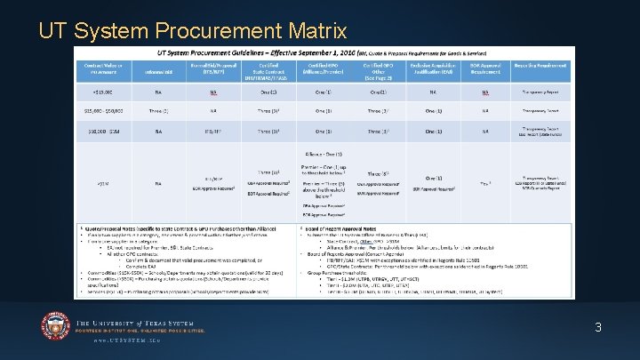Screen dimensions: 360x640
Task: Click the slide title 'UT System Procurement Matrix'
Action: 192,32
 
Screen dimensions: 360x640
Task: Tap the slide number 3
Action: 598,327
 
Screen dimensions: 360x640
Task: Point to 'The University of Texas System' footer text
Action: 141,323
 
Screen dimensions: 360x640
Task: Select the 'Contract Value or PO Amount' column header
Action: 102,68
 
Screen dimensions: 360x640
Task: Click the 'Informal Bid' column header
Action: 156,68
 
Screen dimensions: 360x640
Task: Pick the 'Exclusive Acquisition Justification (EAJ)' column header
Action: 432,68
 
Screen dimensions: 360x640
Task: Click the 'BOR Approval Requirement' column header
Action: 484,68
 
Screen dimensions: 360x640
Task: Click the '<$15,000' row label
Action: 102,92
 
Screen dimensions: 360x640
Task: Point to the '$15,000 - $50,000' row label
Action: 102,110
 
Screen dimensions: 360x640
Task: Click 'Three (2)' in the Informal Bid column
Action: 156,110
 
